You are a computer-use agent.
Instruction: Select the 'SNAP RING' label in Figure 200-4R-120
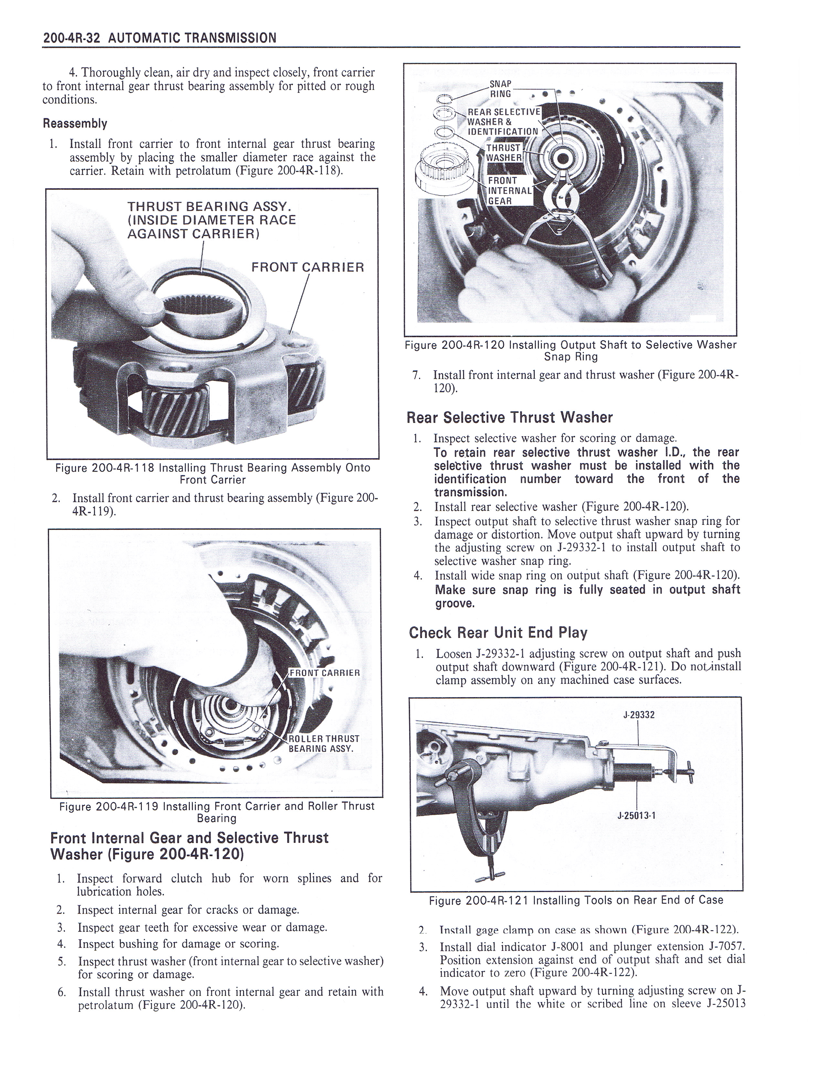coord(500,89)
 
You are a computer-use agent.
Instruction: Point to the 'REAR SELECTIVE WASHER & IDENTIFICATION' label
coord(503,122)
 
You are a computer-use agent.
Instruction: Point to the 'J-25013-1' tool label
coord(637,815)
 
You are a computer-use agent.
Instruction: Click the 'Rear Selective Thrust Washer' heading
coord(509,418)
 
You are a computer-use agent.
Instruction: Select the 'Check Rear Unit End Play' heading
coord(498,633)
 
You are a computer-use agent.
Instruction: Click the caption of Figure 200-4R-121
coord(576,900)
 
